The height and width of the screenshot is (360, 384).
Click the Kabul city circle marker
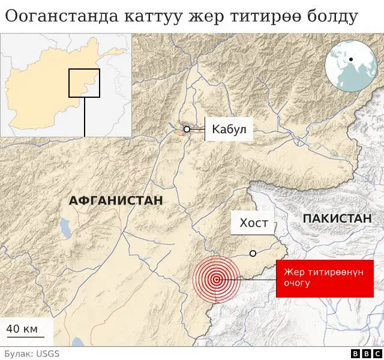(x=187, y=129)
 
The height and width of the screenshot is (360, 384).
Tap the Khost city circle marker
(x=253, y=254)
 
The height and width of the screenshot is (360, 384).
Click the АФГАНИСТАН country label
(x=116, y=200)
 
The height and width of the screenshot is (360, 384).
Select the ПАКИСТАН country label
(x=337, y=219)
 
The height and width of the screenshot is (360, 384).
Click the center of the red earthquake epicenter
(x=216, y=279)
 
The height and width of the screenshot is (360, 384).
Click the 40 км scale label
(x=22, y=329)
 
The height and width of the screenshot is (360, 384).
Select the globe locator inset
(x=350, y=66)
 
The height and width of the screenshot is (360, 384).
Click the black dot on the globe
(x=350, y=59)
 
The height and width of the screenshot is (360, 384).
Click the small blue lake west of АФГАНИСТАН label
(x=64, y=227)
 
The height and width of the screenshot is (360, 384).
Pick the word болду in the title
(x=332, y=17)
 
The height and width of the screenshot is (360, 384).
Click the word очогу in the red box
(x=298, y=283)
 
